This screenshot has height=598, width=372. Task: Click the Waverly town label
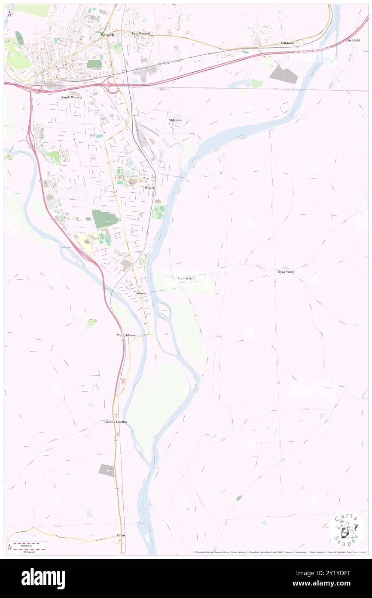(108, 34)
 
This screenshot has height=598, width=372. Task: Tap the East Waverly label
(141, 34)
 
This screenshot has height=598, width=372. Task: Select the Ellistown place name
(287, 43)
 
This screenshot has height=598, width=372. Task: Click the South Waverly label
(71, 97)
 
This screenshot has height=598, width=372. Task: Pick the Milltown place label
(175, 120)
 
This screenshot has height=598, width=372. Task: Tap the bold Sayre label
(149, 188)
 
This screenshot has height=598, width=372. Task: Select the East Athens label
(186, 278)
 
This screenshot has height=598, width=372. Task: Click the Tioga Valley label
(285, 272)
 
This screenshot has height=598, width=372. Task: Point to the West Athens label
(126, 335)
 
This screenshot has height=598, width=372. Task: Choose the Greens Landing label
(116, 422)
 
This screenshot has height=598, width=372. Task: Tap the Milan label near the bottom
(121, 535)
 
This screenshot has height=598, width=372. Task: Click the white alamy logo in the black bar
(43, 578)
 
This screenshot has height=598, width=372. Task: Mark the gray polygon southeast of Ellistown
(284, 74)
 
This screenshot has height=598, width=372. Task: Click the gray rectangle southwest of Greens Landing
(107, 470)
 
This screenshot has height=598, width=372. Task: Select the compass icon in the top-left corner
(10, 13)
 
